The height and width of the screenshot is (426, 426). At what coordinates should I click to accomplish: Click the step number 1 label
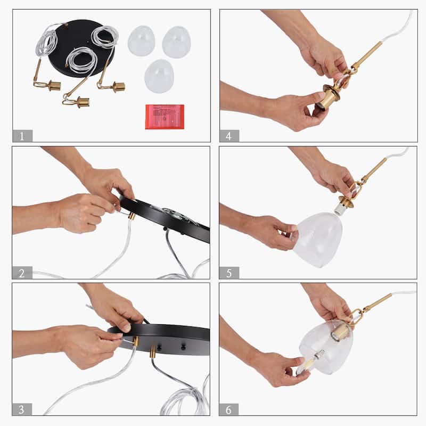[x=22, y=136]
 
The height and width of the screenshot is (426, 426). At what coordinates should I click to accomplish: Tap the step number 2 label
[x=22, y=273]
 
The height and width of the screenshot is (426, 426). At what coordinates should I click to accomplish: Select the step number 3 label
[x=22, y=409]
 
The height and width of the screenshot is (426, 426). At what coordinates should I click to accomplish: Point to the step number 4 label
[x=229, y=136]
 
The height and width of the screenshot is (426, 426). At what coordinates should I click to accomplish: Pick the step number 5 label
[x=229, y=273]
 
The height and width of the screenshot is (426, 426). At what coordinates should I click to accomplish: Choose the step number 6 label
[x=229, y=409]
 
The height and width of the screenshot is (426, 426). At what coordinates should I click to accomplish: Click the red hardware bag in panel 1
[x=165, y=117]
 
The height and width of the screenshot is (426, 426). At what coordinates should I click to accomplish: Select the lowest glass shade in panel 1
[x=159, y=76]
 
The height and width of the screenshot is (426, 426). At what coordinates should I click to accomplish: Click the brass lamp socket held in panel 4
[x=330, y=99]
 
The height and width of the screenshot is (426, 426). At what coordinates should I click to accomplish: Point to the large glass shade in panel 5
[x=317, y=239]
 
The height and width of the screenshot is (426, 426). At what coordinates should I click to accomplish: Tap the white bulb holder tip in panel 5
[x=339, y=209]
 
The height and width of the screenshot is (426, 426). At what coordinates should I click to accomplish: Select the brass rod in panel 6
[x=377, y=302]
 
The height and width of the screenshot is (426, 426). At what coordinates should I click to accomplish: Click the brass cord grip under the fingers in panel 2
[x=132, y=216]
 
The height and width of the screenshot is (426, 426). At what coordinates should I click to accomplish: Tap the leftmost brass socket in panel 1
[x=54, y=86]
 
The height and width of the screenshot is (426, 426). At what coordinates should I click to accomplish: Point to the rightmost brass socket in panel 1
[x=119, y=87]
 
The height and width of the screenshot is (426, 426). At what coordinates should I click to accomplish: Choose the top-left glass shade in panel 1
[x=141, y=41]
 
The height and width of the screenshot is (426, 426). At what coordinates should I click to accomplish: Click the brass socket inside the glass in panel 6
[x=338, y=332]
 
